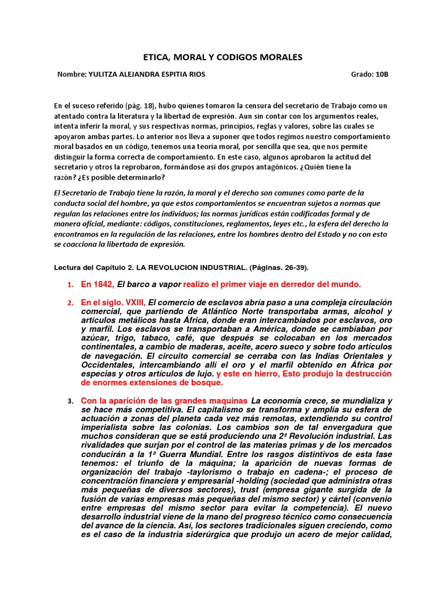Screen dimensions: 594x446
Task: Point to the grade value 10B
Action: tap(381, 75)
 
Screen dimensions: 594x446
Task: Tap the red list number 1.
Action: tap(70, 285)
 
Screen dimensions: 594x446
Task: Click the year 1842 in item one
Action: tap(103, 284)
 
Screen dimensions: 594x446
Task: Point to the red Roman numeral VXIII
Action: tap(132, 302)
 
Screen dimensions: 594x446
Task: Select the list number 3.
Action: tap(70, 401)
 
